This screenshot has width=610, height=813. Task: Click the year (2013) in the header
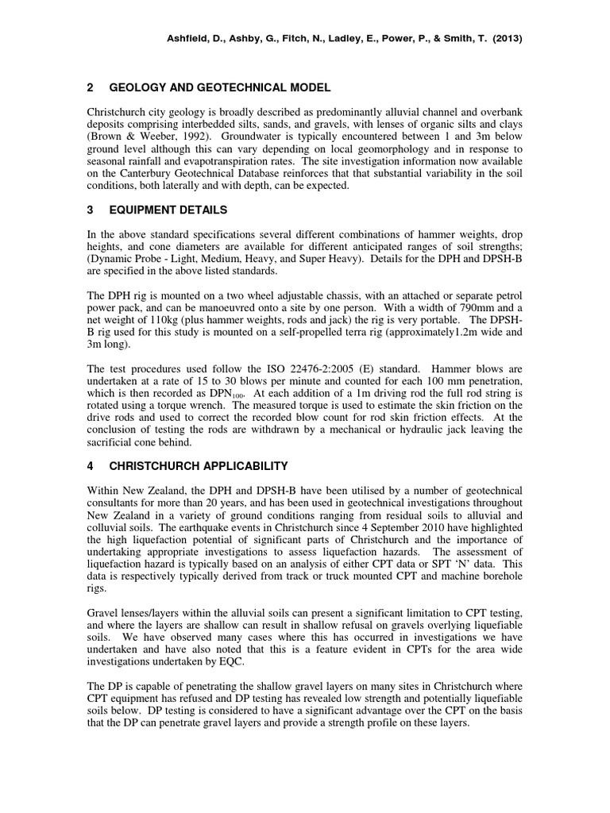click(x=506, y=37)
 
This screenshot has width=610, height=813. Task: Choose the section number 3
click(x=91, y=210)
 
